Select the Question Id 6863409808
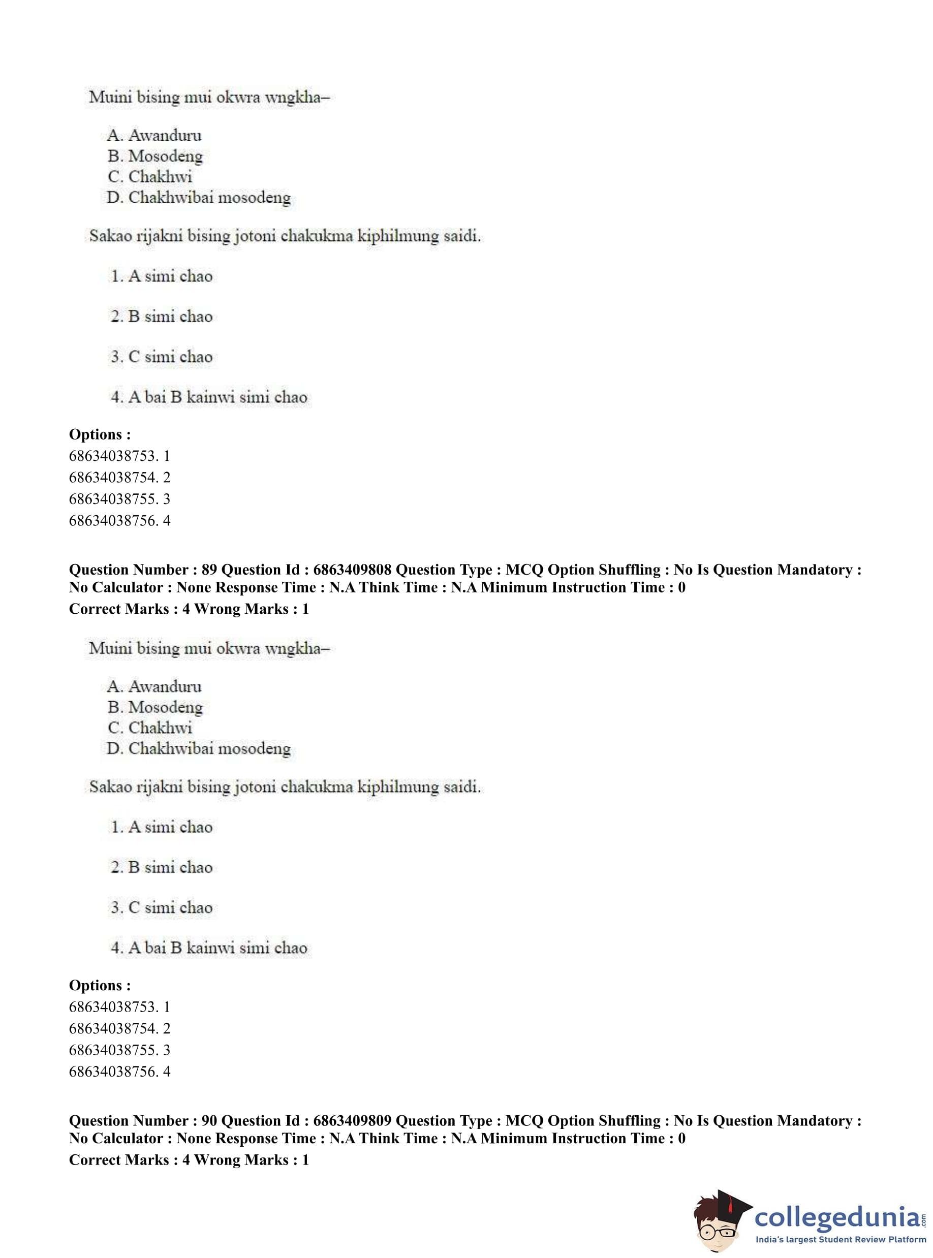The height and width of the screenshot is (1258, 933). click(352, 570)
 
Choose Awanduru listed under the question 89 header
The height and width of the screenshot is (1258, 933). click(164, 686)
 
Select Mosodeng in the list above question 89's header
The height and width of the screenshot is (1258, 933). click(165, 156)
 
